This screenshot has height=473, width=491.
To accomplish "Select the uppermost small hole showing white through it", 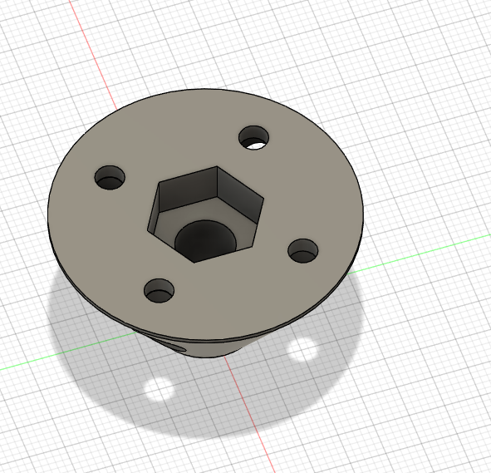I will tap(255, 138).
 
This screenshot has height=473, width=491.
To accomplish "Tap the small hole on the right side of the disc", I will tap(303, 249).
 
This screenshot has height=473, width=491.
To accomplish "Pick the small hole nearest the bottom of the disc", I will tap(159, 290).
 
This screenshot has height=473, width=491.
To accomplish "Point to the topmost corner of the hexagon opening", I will tap(217, 166).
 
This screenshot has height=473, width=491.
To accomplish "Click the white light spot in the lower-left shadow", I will tap(158, 387).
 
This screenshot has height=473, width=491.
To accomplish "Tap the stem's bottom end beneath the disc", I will tap(208, 356).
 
